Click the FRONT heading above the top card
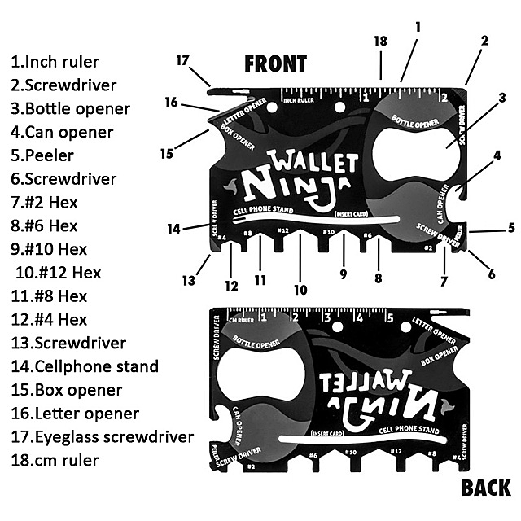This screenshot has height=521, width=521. pyautogui.click(x=276, y=63)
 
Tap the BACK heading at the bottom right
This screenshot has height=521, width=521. pyautogui.click(x=485, y=488)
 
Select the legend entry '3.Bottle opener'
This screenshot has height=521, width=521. pyautogui.click(x=70, y=108)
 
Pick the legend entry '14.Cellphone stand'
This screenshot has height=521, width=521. pyautogui.click(x=85, y=366)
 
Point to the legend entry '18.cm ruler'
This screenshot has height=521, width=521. pyautogui.click(x=55, y=461)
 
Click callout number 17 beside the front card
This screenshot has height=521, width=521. pyautogui.click(x=182, y=60)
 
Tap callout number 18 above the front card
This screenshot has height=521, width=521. pyautogui.click(x=380, y=42)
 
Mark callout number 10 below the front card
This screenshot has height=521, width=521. pyautogui.click(x=301, y=289)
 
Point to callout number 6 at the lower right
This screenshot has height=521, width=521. pyautogui.click(x=492, y=274)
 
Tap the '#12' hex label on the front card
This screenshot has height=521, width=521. pyautogui.click(x=282, y=231)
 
